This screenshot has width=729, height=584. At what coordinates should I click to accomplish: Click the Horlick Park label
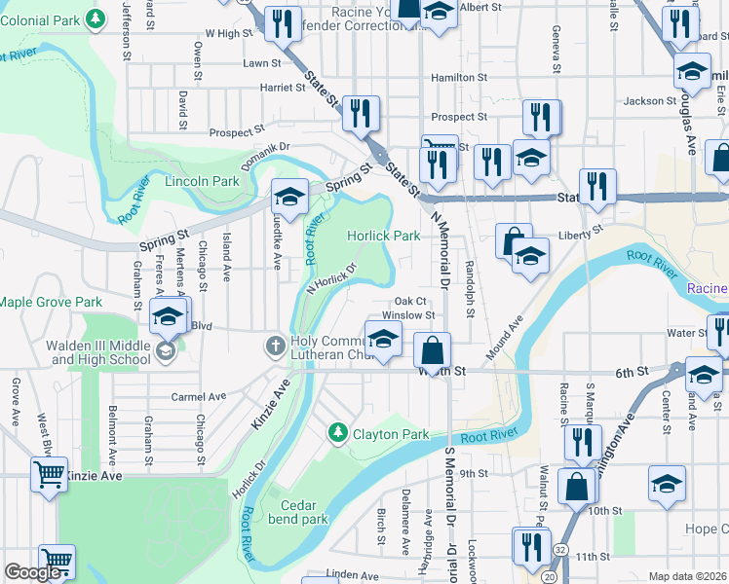[384, 236]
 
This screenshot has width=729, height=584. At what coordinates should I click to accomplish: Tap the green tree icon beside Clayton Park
[337, 431]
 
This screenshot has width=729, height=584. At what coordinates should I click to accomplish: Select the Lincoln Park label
[202, 181]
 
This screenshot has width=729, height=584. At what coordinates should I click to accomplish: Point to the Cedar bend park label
[305, 512]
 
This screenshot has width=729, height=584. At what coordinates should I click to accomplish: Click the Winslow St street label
[407, 314]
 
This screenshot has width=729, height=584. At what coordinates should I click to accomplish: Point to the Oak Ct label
[410, 301]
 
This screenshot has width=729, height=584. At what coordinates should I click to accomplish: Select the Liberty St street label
[582, 233]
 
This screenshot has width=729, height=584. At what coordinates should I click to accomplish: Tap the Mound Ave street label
[506, 335]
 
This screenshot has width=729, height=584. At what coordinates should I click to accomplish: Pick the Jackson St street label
[650, 100]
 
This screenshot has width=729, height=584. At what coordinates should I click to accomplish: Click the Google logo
[32, 572]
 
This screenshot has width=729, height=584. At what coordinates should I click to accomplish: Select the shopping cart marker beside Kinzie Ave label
[49, 475]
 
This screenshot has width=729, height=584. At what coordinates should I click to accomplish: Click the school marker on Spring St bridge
[289, 198]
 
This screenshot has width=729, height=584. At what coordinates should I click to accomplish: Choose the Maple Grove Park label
[51, 303]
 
